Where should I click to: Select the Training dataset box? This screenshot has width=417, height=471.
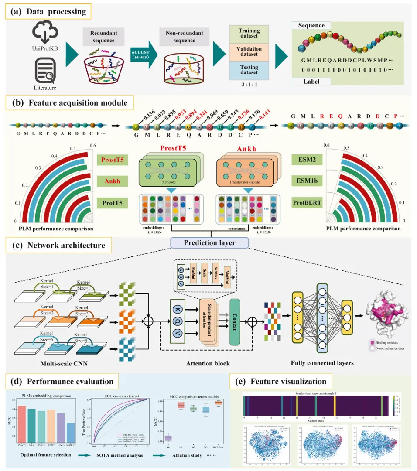249,34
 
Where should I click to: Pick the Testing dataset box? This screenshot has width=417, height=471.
249,70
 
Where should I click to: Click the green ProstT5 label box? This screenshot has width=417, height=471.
113,160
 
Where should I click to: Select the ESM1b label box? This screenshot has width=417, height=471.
307,181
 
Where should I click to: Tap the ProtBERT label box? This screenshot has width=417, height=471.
307,203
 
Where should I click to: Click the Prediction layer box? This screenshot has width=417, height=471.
210,242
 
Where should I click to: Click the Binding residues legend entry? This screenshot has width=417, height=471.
385,343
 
